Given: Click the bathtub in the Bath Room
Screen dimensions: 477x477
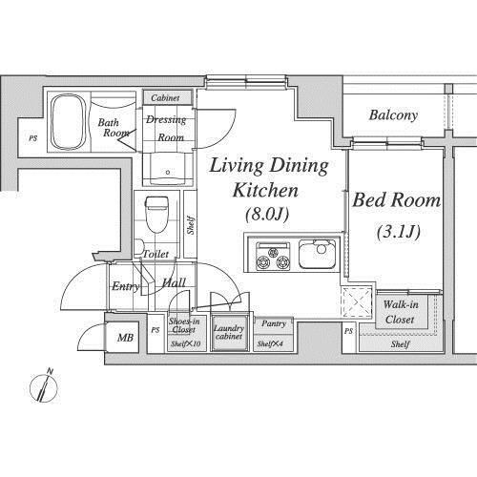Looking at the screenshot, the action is pyautogui.click(x=69, y=122).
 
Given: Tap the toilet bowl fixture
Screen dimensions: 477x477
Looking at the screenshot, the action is pyautogui.click(x=156, y=215).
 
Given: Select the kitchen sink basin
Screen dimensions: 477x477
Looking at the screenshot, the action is pyautogui.click(x=318, y=255).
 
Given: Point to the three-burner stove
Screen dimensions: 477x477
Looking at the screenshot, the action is pyautogui.click(x=273, y=257).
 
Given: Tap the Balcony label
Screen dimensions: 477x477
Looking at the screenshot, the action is pyautogui.click(x=393, y=115).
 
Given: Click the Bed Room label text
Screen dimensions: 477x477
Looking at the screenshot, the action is pyautogui.click(x=396, y=200).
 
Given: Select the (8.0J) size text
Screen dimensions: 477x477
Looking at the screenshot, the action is pyautogui.click(x=267, y=214).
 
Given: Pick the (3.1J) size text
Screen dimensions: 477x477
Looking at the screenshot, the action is pyautogui.click(x=399, y=231).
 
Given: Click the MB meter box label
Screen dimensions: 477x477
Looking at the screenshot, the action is pyautogui.click(x=125, y=338).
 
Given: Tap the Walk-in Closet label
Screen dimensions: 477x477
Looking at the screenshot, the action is pyautogui.click(x=400, y=312).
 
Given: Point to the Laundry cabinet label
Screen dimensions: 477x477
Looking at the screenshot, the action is pyautogui.click(x=229, y=332).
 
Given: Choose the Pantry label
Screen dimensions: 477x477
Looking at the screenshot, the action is pyautogui.click(x=274, y=324).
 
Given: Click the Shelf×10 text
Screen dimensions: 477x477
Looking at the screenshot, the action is pyautogui.click(x=185, y=343).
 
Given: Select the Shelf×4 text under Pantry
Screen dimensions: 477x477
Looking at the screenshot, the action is pyautogui.click(x=270, y=343).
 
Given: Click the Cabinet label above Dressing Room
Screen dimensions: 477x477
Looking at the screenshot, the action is pyautogui.click(x=165, y=98).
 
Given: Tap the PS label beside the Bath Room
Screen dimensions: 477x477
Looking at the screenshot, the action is pyautogui.click(x=33, y=138).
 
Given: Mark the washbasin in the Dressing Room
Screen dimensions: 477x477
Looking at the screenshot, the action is pyautogui.click(x=168, y=169).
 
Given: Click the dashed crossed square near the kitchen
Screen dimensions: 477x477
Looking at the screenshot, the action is pyautogui.click(x=357, y=301).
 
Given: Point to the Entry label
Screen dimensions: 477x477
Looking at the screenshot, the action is pyautogui.click(x=126, y=286).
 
